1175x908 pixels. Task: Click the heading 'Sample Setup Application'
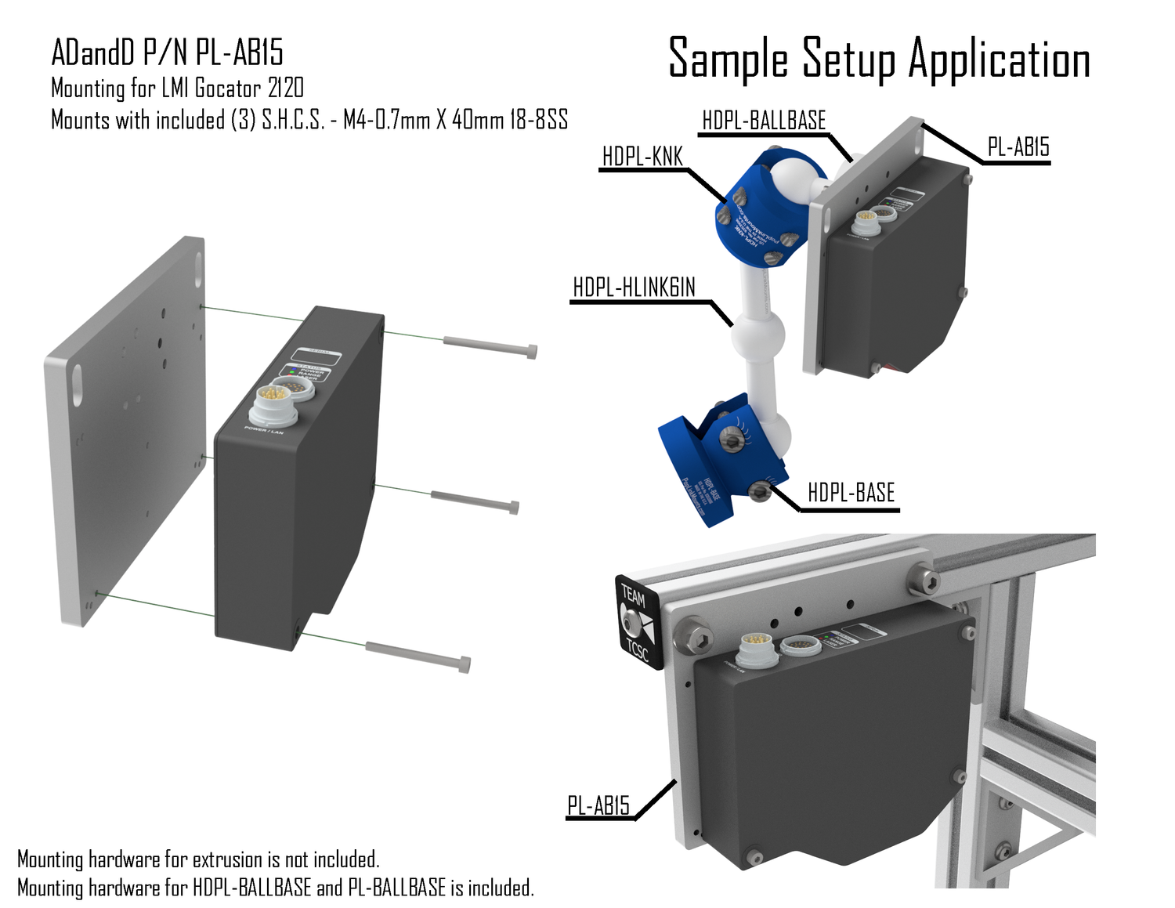[879, 60]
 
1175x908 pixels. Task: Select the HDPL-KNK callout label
[642, 157]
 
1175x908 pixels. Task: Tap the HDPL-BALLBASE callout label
[764, 121]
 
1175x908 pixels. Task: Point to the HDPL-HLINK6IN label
[634, 288]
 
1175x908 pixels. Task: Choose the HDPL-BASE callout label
[851, 493]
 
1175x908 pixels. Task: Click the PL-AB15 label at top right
[1018, 147]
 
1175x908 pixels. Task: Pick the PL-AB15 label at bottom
[598, 805]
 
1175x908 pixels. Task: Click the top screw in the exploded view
[490, 346]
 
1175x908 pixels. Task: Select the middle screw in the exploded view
[475, 501]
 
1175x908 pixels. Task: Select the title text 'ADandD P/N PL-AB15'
[167, 52]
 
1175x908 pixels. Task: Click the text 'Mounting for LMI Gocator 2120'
[177, 88]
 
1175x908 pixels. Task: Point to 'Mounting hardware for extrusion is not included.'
[198, 859]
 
